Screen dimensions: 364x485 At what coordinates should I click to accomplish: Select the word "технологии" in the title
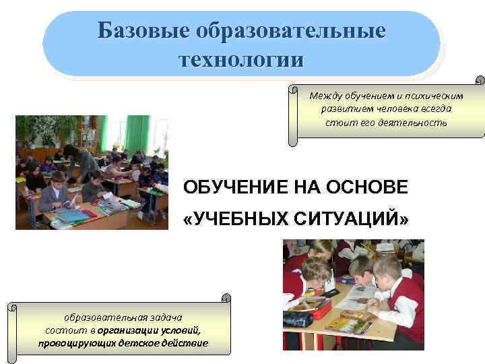pyautogui.click(x=241, y=59)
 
